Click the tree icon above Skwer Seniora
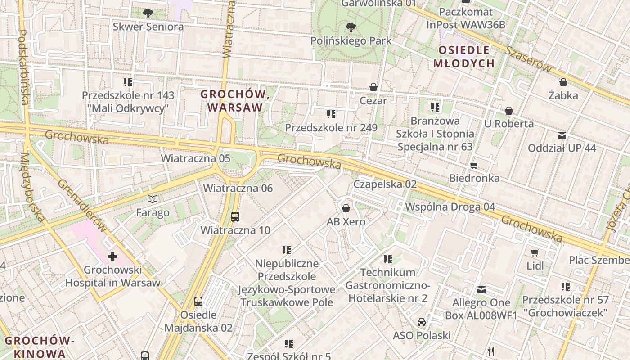pos(148,13)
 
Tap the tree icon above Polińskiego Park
pos(351,27)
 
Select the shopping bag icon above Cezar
pos(373,87)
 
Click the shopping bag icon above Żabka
pos(563,82)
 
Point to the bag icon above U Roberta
pos(509,111)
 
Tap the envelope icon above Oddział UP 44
pos(562,135)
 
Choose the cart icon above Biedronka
pos(474,165)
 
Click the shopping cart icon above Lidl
pos(535,253)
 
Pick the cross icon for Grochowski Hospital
pos(112,257)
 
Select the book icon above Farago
pos(153,199)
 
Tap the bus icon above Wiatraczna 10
pos(235,217)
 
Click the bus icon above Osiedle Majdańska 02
pos(198,301)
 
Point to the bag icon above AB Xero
pos(346,208)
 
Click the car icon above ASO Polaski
pos(422,322)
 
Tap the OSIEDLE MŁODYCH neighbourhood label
pos(463,57)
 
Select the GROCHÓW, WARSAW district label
pos(235,101)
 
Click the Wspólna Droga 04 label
pos(450,207)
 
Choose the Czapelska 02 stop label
pos(385,184)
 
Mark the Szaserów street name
pos(529,59)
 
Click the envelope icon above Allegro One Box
pos(482,289)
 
